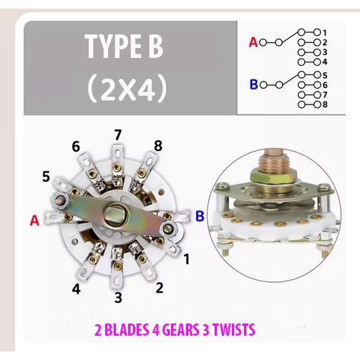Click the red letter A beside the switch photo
pyautogui.click(x=34, y=220)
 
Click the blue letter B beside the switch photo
pyautogui.click(x=200, y=216)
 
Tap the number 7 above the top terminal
pyautogui.click(x=118, y=135)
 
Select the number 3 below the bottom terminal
pyautogui.click(x=118, y=297)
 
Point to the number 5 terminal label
pyautogui.click(x=46, y=177)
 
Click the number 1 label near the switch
pyautogui.click(x=186, y=259)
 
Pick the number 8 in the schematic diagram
pyautogui.click(x=325, y=104)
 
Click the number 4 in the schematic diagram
pyautogui.click(x=325, y=62)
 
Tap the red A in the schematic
pyautogui.click(x=253, y=42)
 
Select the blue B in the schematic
pyautogui.click(x=254, y=84)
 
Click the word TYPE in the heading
pyautogui.click(x=112, y=46)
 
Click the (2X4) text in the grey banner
pyautogui.click(x=127, y=88)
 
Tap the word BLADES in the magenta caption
pyautogui.click(x=126, y=330)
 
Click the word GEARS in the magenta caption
pyautogui.click(x=180, y=330)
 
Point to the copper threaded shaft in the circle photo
pyautogui.click(x=273, y=160)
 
